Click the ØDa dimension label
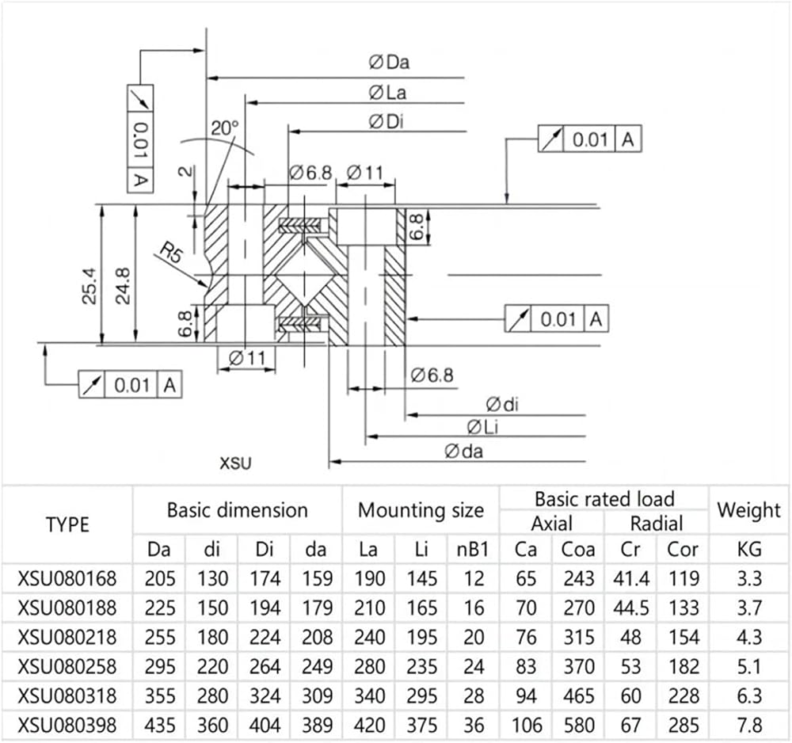point(389,62)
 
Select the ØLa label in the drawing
point(387,93)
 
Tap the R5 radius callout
point(171,252)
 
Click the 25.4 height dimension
point(90,286)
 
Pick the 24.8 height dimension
point(123,286)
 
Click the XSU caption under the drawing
point(235,463)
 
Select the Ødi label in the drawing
point(502,404)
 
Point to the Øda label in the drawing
point(463,451)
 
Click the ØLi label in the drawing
point(482,427)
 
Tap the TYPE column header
point(67,525)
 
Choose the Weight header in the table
point(749,511)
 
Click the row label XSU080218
point(67,637)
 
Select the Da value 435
point(160,726)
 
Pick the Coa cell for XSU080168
point(579,578)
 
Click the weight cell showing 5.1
point(749,667)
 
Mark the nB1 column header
point(473,550)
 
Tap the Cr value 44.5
point(631,608)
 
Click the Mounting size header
point(421,511)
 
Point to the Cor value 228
point(683,696)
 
